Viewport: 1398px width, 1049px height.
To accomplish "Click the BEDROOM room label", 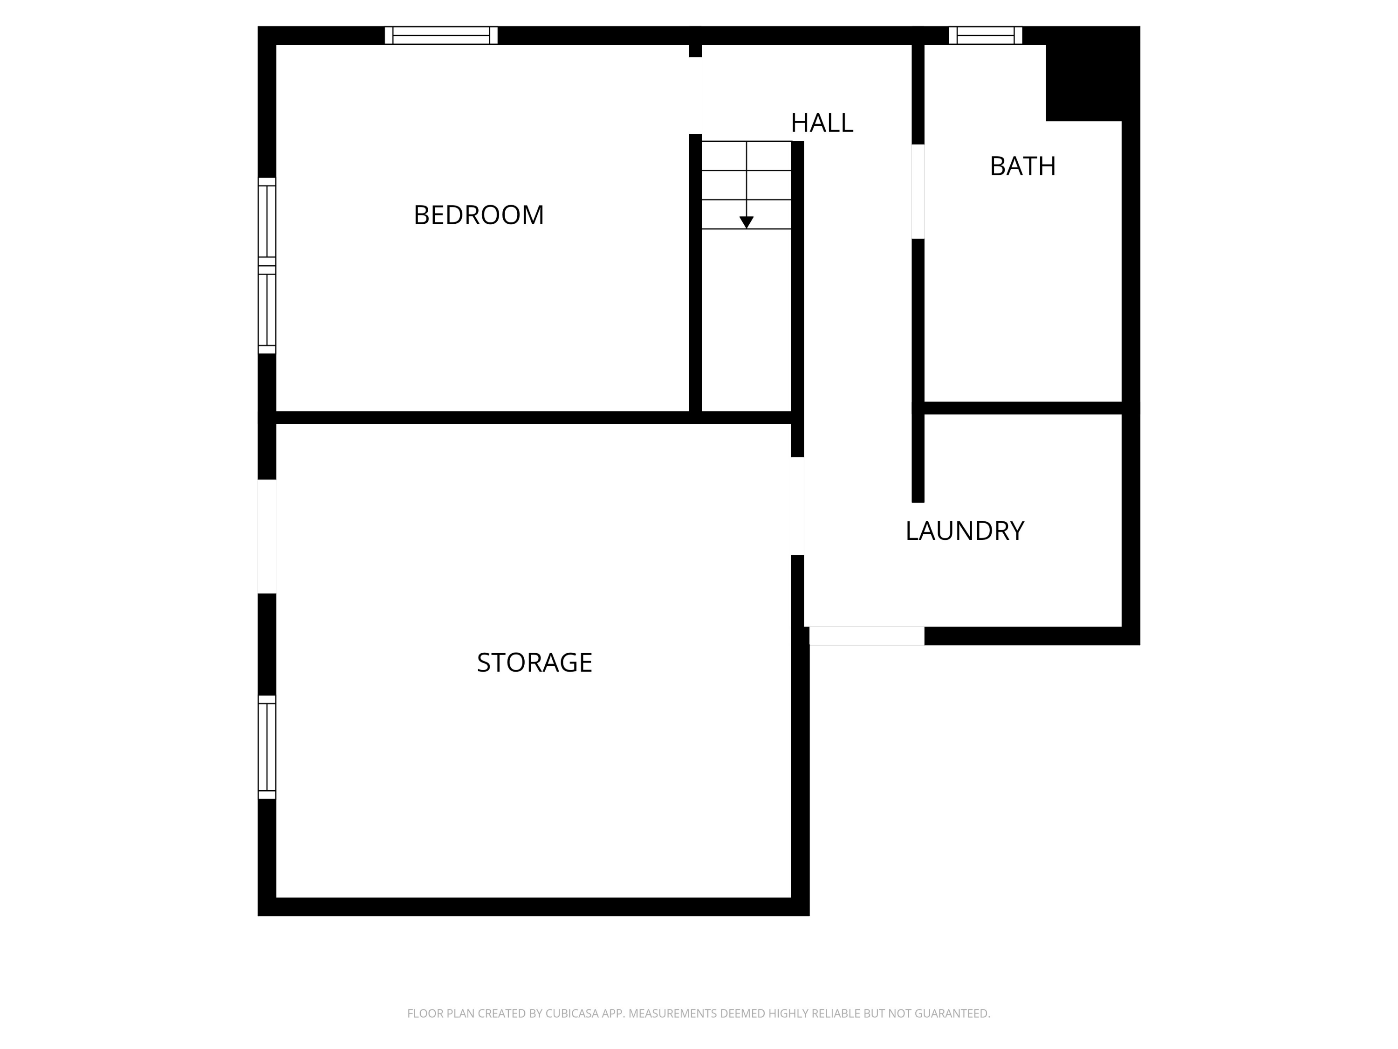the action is click(x=479, y=215).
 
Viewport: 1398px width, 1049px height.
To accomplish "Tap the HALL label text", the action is click(x=822, y=123).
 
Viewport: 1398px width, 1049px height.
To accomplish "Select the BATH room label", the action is click(x=1022, y=166).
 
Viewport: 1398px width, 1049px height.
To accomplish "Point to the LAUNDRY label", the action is click(x=965, y=531).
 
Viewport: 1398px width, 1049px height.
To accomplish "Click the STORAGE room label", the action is click(x=535, y=663).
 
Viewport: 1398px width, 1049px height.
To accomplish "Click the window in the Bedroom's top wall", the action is click(x=441, y=35).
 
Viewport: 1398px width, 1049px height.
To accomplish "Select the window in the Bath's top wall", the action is click(x=985, y=35).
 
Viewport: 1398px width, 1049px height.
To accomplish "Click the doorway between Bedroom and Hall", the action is click(x=695, y=96).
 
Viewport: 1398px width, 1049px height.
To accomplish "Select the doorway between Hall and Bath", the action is click(x=918, y=192).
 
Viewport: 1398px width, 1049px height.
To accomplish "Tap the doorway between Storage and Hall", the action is click(x=798, y=506).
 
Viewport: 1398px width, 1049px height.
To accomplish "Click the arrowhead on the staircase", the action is click(x=747, y=222).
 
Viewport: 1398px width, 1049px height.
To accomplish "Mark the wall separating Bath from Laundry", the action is click(x=1022, y=408).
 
